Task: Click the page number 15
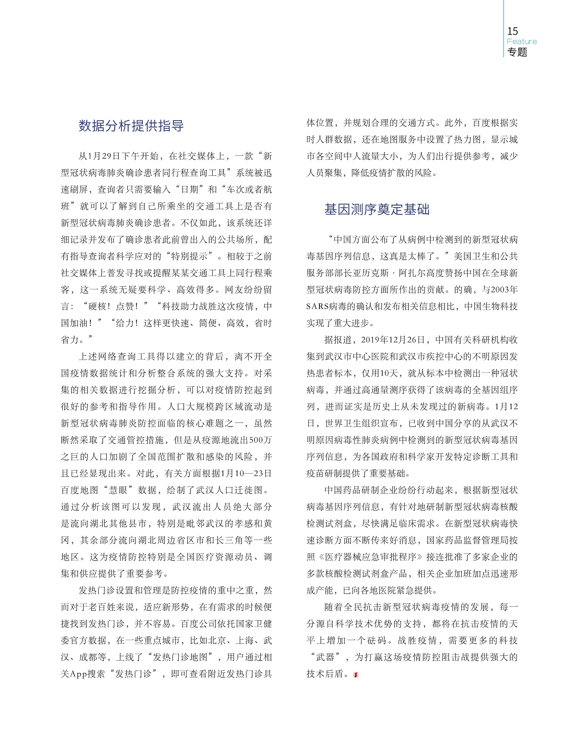tap(513, 31)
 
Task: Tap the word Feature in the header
tap(521, 41)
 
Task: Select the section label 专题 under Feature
tap(517, 52)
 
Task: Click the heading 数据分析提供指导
tap(131, 126)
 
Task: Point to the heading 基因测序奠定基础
tap(377, 209)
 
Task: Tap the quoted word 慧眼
tap(120, 490)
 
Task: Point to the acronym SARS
tap(317, 307)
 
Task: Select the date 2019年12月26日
tap(393, 340)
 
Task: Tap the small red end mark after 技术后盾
tap(355, 675)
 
